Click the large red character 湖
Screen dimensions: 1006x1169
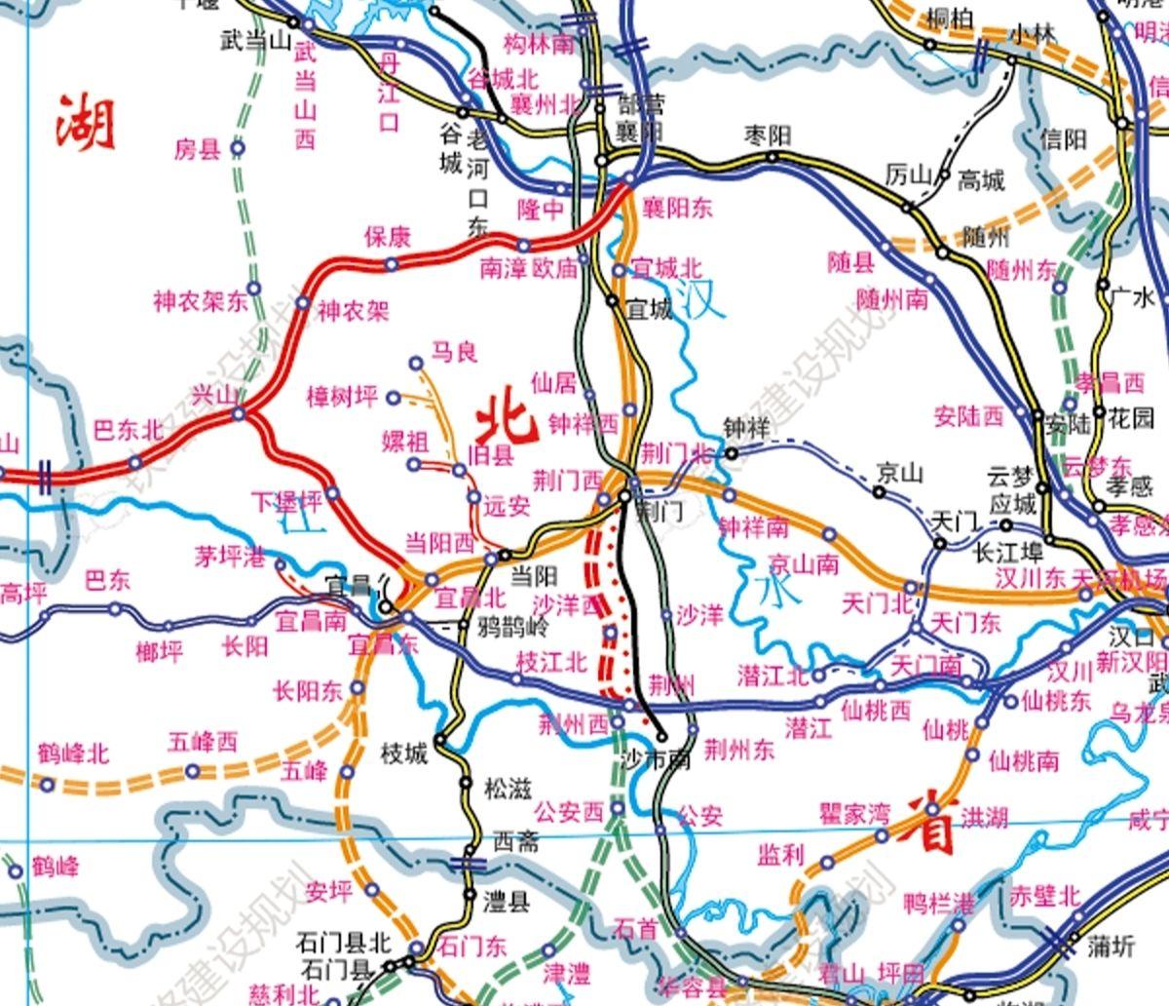86,123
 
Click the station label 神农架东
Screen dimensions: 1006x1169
200,301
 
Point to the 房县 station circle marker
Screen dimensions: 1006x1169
238,148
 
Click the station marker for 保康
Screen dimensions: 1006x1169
391,264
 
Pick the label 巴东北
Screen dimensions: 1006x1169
128,430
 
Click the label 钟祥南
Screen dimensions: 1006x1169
753,527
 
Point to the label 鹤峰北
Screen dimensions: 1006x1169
73,754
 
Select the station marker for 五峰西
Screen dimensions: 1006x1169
193,771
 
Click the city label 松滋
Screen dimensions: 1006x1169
508,789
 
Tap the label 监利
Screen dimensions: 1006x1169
780,855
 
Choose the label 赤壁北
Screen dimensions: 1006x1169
1044,895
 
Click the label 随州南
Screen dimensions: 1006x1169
891,298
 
